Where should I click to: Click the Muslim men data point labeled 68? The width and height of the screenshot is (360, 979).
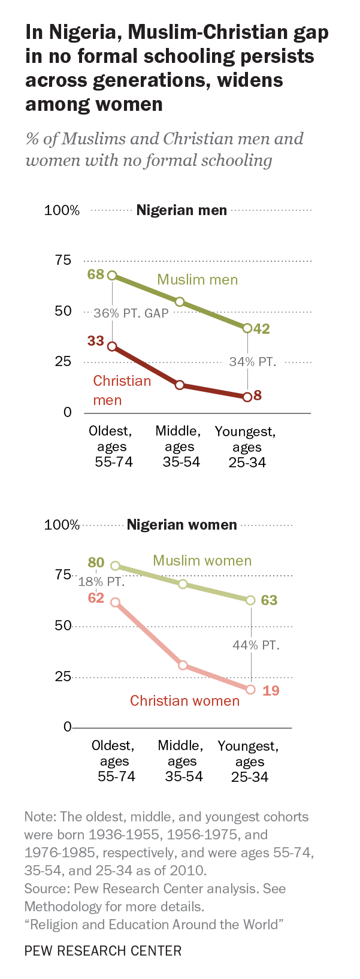(112, 276)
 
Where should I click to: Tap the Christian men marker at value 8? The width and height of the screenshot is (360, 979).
(247, 397)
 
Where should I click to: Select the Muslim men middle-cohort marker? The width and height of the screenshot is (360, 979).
(179, 302)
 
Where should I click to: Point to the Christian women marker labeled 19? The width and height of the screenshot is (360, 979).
(250, 690)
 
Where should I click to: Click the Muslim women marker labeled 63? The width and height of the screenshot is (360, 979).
(250, 600)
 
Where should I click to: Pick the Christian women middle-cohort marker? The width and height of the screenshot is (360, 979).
(183, 665)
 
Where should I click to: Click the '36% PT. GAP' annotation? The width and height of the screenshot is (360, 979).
(131, 313)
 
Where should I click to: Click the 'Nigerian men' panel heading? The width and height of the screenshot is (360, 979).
(181, 210)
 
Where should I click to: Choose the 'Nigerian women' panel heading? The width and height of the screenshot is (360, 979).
(181, 525)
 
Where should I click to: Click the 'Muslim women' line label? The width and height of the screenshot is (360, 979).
(202, 561)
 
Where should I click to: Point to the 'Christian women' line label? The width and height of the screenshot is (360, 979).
(184, 700)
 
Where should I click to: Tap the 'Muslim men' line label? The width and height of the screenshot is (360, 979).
(197, 280)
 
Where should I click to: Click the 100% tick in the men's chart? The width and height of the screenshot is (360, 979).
(62, 210)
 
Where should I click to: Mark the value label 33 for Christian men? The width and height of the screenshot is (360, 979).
(95, 341)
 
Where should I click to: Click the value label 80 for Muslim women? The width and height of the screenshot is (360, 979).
(96, 563)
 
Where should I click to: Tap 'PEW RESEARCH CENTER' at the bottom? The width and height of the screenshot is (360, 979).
(102, 950)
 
